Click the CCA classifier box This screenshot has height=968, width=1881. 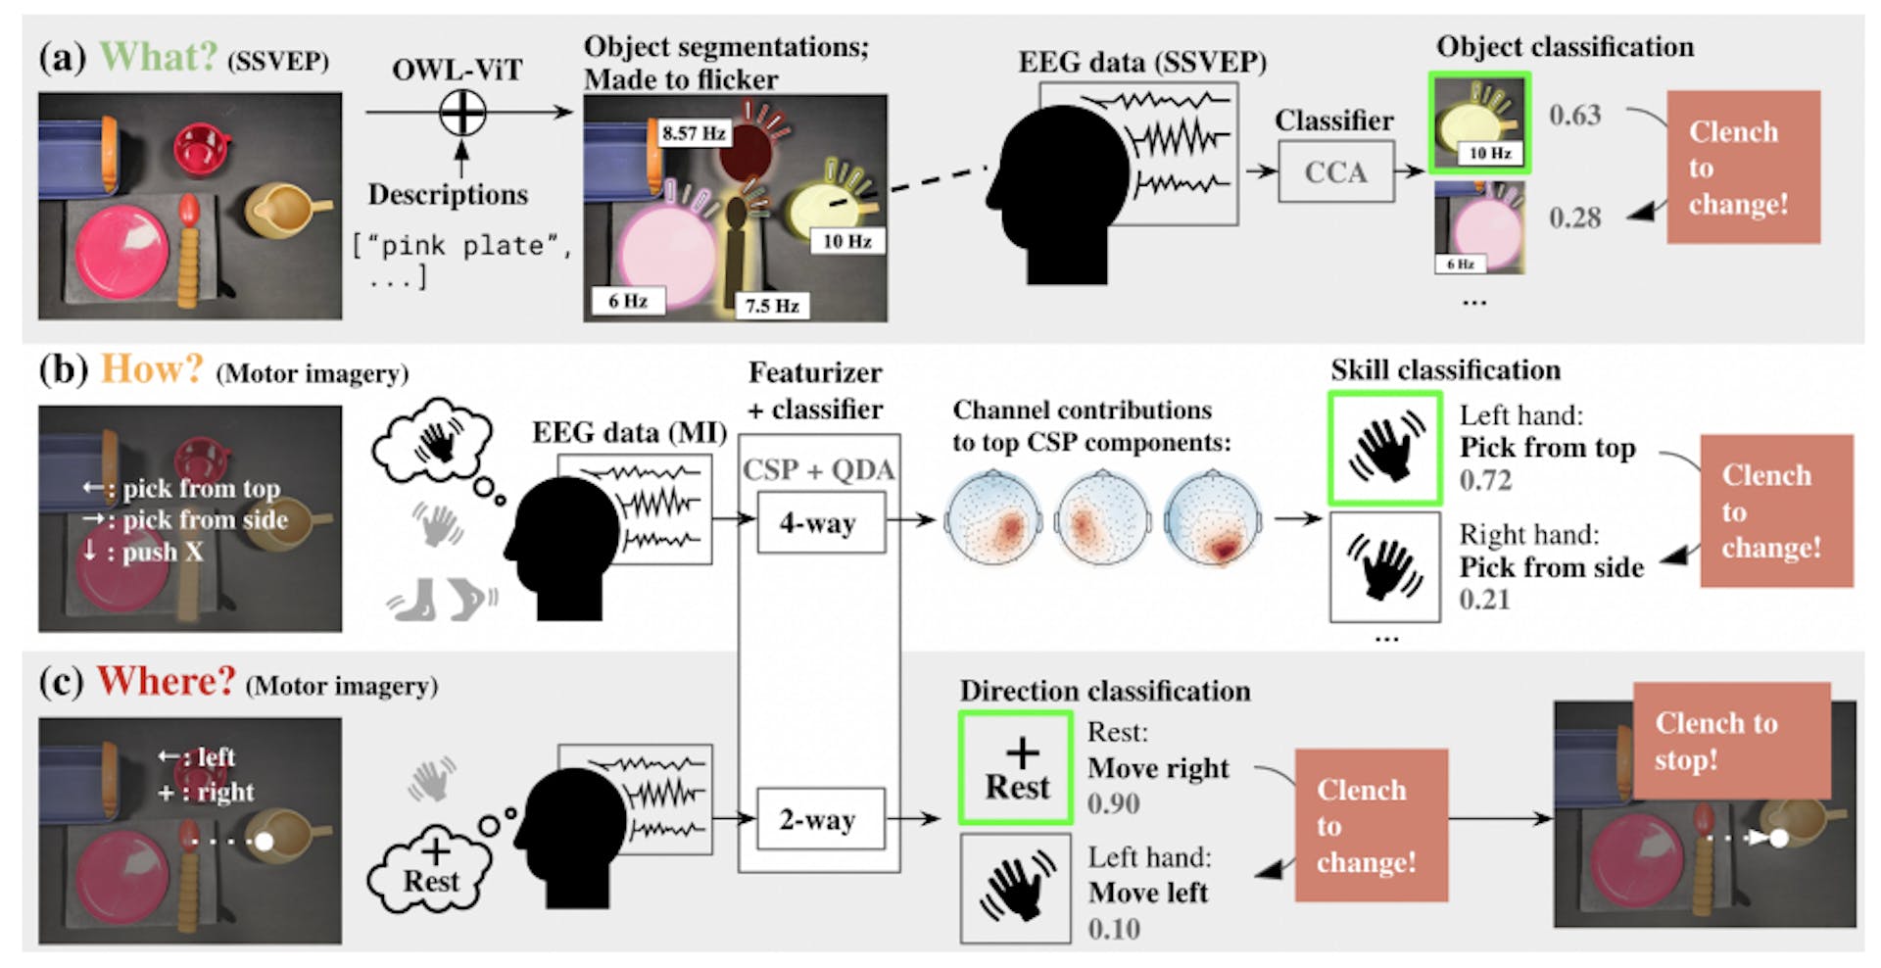1335,172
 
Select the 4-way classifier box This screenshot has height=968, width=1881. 820,523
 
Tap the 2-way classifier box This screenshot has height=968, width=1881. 820,819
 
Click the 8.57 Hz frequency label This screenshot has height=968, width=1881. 693,133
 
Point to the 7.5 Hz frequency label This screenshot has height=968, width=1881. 771,306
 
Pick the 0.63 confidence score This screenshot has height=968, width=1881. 1574,116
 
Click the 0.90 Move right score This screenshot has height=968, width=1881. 1113,803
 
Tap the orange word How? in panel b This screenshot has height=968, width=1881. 152,369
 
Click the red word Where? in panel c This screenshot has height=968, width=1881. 166,681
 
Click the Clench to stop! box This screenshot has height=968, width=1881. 1731,741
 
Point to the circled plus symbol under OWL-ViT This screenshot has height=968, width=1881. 462,113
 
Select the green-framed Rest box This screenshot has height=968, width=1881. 1016,768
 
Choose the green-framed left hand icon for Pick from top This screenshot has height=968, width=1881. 1384,449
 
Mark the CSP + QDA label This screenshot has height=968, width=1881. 818,470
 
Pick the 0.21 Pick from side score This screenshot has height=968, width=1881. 1484,600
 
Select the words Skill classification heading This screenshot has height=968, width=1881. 1445,370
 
